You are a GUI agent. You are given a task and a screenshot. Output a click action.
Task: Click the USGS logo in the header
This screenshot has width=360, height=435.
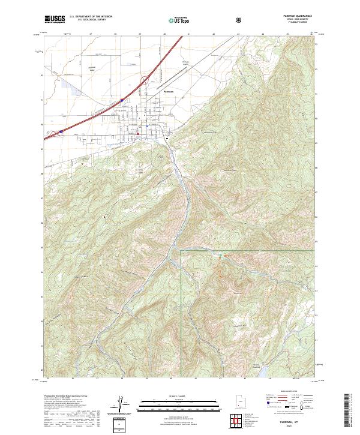coord(55,20)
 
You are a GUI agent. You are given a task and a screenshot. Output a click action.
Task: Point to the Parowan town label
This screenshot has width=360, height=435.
coord(169,91)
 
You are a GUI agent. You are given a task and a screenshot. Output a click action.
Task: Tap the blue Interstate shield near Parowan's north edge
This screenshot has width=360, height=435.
coord(121,100)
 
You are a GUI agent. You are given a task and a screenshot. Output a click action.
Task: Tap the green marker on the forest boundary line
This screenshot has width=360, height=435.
coord(221,256)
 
